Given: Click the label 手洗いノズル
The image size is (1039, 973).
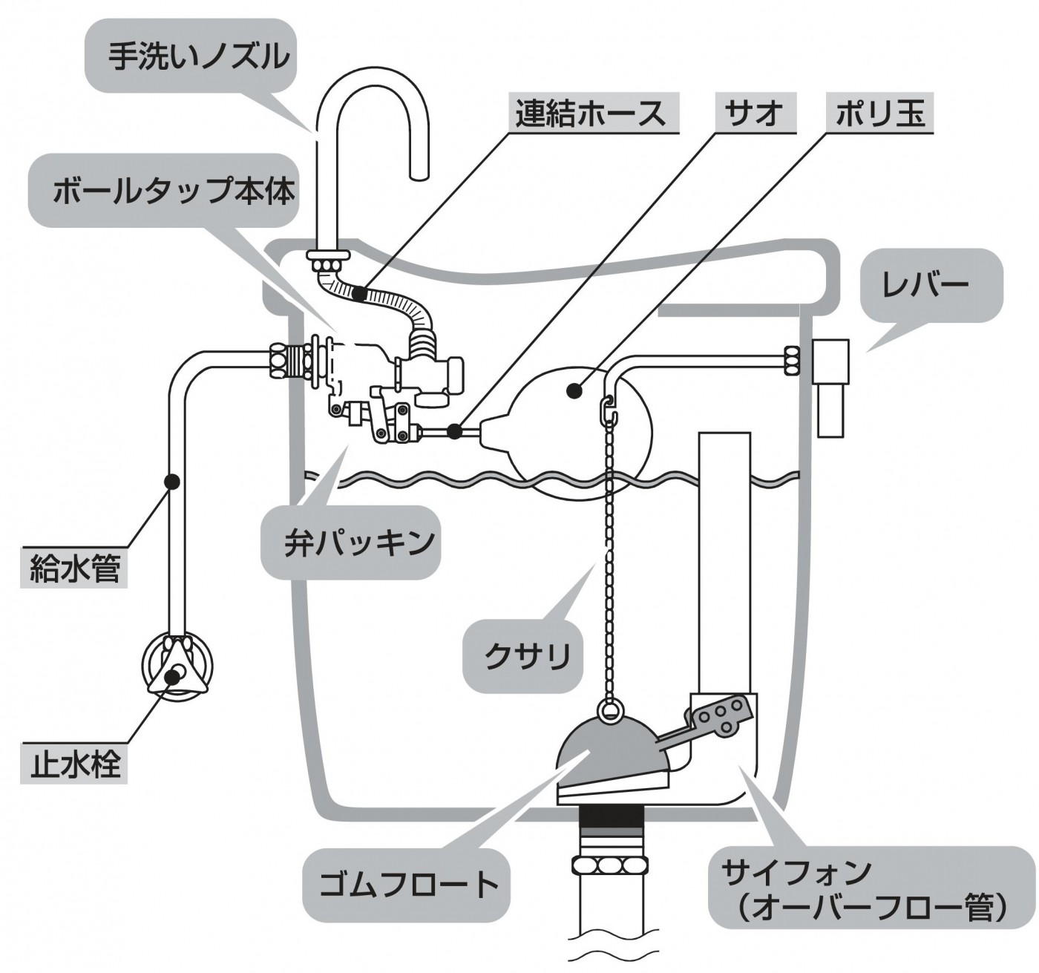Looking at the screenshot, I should click(x=199, y=56).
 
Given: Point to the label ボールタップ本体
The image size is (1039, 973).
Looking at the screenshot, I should click(x=174, y=191).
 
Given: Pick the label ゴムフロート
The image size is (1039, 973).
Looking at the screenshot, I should click(x=407, y=885).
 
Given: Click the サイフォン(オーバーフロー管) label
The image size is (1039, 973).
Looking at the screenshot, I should click(x=868, y=888).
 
